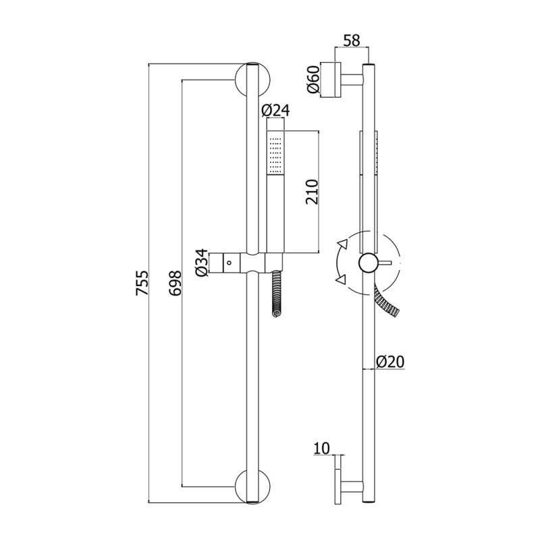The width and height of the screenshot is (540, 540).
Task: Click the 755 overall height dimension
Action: click(142, 283)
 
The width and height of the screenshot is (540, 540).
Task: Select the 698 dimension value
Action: click(175, 283)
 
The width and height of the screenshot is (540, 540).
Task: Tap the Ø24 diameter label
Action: click(275, 110)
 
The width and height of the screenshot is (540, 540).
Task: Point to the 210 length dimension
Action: click(312, 192)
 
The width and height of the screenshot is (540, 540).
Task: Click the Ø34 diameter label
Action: click(202, 263)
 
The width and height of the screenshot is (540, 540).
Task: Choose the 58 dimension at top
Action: click(352, 40)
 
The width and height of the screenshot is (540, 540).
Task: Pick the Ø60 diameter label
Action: click(313, 79)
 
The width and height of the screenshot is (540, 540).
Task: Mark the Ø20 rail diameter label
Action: click(390, 362)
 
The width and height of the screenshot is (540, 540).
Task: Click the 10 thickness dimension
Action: click(322, 448)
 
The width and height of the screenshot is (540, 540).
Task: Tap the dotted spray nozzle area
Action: click(275, 155)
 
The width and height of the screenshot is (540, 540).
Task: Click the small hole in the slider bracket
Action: click(229, 263)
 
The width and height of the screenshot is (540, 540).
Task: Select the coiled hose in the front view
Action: click(277, 294)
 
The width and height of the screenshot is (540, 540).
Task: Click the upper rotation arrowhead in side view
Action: click(343, 244)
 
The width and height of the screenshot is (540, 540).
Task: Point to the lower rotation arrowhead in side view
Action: click(342, 279)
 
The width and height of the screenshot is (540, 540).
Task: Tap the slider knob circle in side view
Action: click(369, 263)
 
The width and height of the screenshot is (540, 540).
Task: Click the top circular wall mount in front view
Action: click(252, 80)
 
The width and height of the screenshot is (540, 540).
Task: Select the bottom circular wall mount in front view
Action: click(252, 487)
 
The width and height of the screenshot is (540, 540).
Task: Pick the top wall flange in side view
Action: click(337, 80)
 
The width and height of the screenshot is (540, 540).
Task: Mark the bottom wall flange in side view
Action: click(337, 487)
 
